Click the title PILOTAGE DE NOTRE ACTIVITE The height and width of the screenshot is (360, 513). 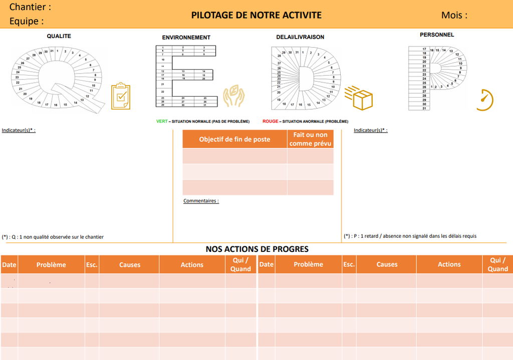[x=256, y=15]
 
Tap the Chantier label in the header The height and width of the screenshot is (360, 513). [x=30, y=7]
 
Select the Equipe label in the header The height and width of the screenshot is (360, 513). [x=27, y=21]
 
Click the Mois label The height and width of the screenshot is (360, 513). [x=454, y=15]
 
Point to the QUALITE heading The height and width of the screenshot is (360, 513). [x=59, y=36]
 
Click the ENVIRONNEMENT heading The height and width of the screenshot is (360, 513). [x=186, y=38]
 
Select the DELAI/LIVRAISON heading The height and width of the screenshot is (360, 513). [x=300, y=37]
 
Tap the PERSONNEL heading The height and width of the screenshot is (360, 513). [x=437, y=35]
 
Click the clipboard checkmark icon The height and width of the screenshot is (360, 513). [x=120, y=96]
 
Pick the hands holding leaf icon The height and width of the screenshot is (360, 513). [x=233, y=96]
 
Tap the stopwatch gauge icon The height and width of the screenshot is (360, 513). [x=484, y=100]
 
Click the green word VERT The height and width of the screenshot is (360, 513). [x=162, y=121]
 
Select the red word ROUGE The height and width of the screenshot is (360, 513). [x=270, y=121]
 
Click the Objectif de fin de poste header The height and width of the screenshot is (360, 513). [x=234, y=139]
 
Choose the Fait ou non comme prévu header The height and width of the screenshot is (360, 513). [x=310, y=139]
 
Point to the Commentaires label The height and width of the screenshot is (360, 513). [x=201, y=201]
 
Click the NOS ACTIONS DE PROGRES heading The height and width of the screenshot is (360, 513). [x=257, y=249]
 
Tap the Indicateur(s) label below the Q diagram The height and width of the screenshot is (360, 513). [x=19, y=130]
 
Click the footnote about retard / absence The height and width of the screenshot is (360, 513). [x=410, y=236]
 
